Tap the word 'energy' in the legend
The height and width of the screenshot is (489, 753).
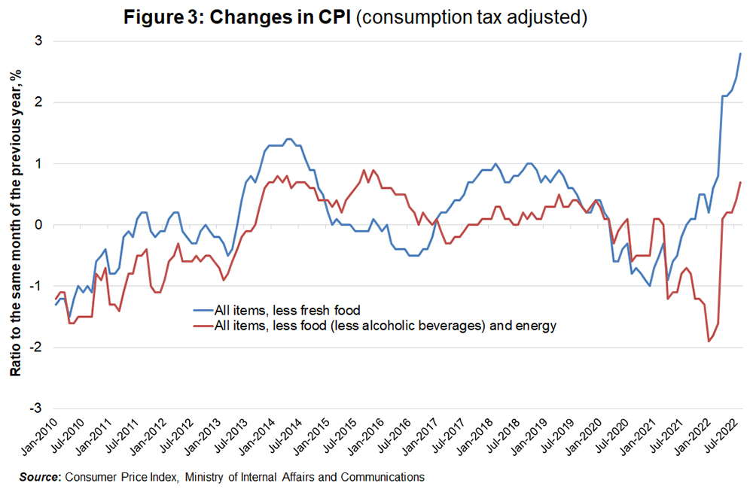537,326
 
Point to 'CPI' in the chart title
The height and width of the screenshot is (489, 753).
337,17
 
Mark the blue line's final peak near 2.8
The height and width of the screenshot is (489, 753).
740,53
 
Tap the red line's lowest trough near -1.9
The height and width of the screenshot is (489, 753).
709,342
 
